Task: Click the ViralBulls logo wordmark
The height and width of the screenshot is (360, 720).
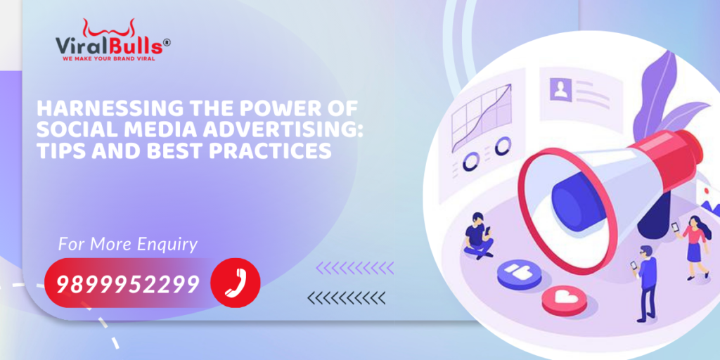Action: [109, 46]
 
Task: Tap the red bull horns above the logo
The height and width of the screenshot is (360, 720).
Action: [109, 28]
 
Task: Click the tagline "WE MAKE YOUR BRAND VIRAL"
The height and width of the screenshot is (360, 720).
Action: [109, 59]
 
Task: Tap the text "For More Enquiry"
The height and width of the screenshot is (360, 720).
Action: [128, 245]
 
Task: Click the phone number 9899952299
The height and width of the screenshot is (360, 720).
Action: [128, 284]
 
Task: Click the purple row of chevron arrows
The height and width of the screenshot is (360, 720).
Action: [354, 268]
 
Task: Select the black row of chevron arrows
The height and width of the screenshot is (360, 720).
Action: [346, 298]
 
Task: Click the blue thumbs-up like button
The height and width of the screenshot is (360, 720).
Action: [520, 274]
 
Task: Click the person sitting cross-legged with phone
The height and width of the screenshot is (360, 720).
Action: [478, 236]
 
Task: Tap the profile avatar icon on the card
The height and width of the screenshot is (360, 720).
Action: [560, 89]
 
